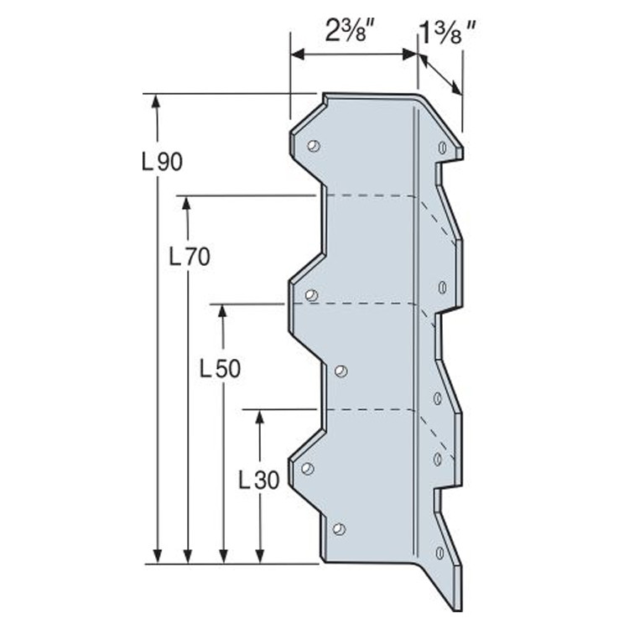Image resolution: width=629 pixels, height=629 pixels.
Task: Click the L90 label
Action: coord(161,161)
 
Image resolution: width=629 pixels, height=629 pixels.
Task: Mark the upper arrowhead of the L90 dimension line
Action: coord(157,100)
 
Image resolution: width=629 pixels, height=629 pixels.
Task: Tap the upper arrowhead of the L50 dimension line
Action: coord(222,310)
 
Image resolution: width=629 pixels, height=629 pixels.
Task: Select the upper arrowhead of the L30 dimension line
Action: coord(259,417)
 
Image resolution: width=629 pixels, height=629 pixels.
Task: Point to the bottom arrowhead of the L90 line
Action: coord(157,556)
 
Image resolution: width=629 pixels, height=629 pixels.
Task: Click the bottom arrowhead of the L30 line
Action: coord(259,556)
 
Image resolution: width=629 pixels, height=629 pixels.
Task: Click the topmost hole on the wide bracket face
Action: coord(313,146)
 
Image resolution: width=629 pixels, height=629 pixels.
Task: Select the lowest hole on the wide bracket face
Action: coord(339,528)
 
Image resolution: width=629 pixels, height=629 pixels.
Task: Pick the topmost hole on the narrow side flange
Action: coord(442,148)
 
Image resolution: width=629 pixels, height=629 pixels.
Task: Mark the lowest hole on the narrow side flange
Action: coord(440,553)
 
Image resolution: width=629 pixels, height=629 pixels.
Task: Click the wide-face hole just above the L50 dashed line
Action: coord(311,295)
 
